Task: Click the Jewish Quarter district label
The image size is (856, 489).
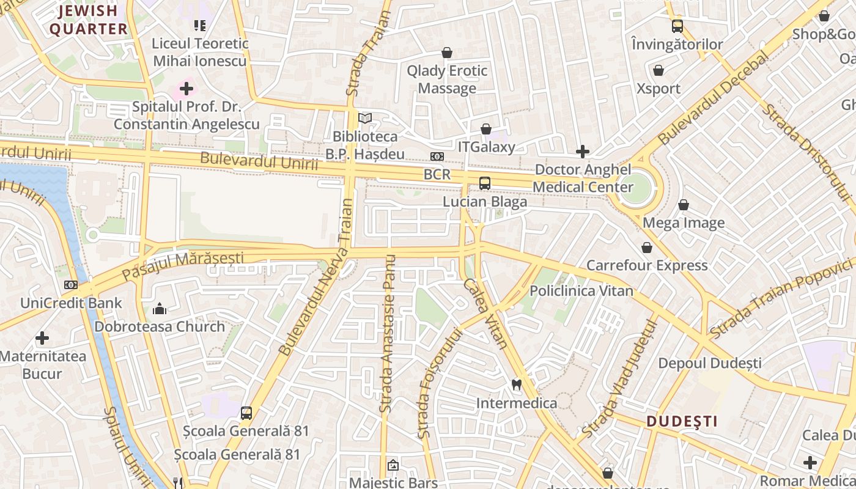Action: [88, 20]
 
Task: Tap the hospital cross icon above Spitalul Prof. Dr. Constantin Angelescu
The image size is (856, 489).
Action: [186, 89]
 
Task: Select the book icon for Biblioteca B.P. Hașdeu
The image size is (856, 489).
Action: [365, 118]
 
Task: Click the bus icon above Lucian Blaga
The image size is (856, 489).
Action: [485, 183]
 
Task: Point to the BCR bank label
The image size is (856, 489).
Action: [437, 175]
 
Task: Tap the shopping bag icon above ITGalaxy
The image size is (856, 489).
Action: [486, 129]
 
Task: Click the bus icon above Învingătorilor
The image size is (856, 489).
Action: [677, 26]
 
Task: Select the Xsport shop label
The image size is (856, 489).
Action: [659, 89]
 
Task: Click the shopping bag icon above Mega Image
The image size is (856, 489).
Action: [684, 205]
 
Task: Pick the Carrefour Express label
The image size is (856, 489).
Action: [647, 265]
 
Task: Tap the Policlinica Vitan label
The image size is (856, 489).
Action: [581, 291]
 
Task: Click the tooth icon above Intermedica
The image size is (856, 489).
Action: [516, 384]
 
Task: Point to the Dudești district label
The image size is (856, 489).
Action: [682, 421]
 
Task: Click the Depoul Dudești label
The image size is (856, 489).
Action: [709, 363]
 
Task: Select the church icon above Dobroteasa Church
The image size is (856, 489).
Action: [160, 309]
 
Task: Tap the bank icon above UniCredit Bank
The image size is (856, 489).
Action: [71, 285]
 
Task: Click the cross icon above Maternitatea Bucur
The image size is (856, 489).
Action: [42, 337]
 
